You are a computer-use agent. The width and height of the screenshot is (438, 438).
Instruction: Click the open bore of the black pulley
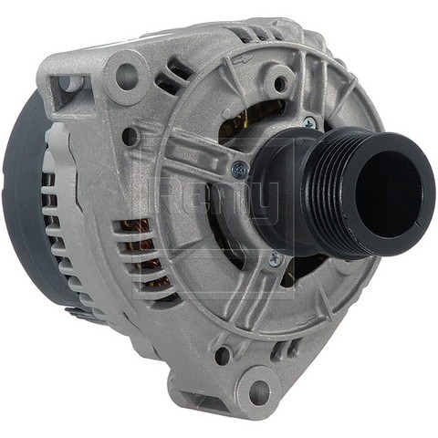(391, 193)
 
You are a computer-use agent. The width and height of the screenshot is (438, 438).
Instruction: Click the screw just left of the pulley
(239, 168)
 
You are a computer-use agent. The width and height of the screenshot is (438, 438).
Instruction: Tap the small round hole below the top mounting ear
(131, 137)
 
